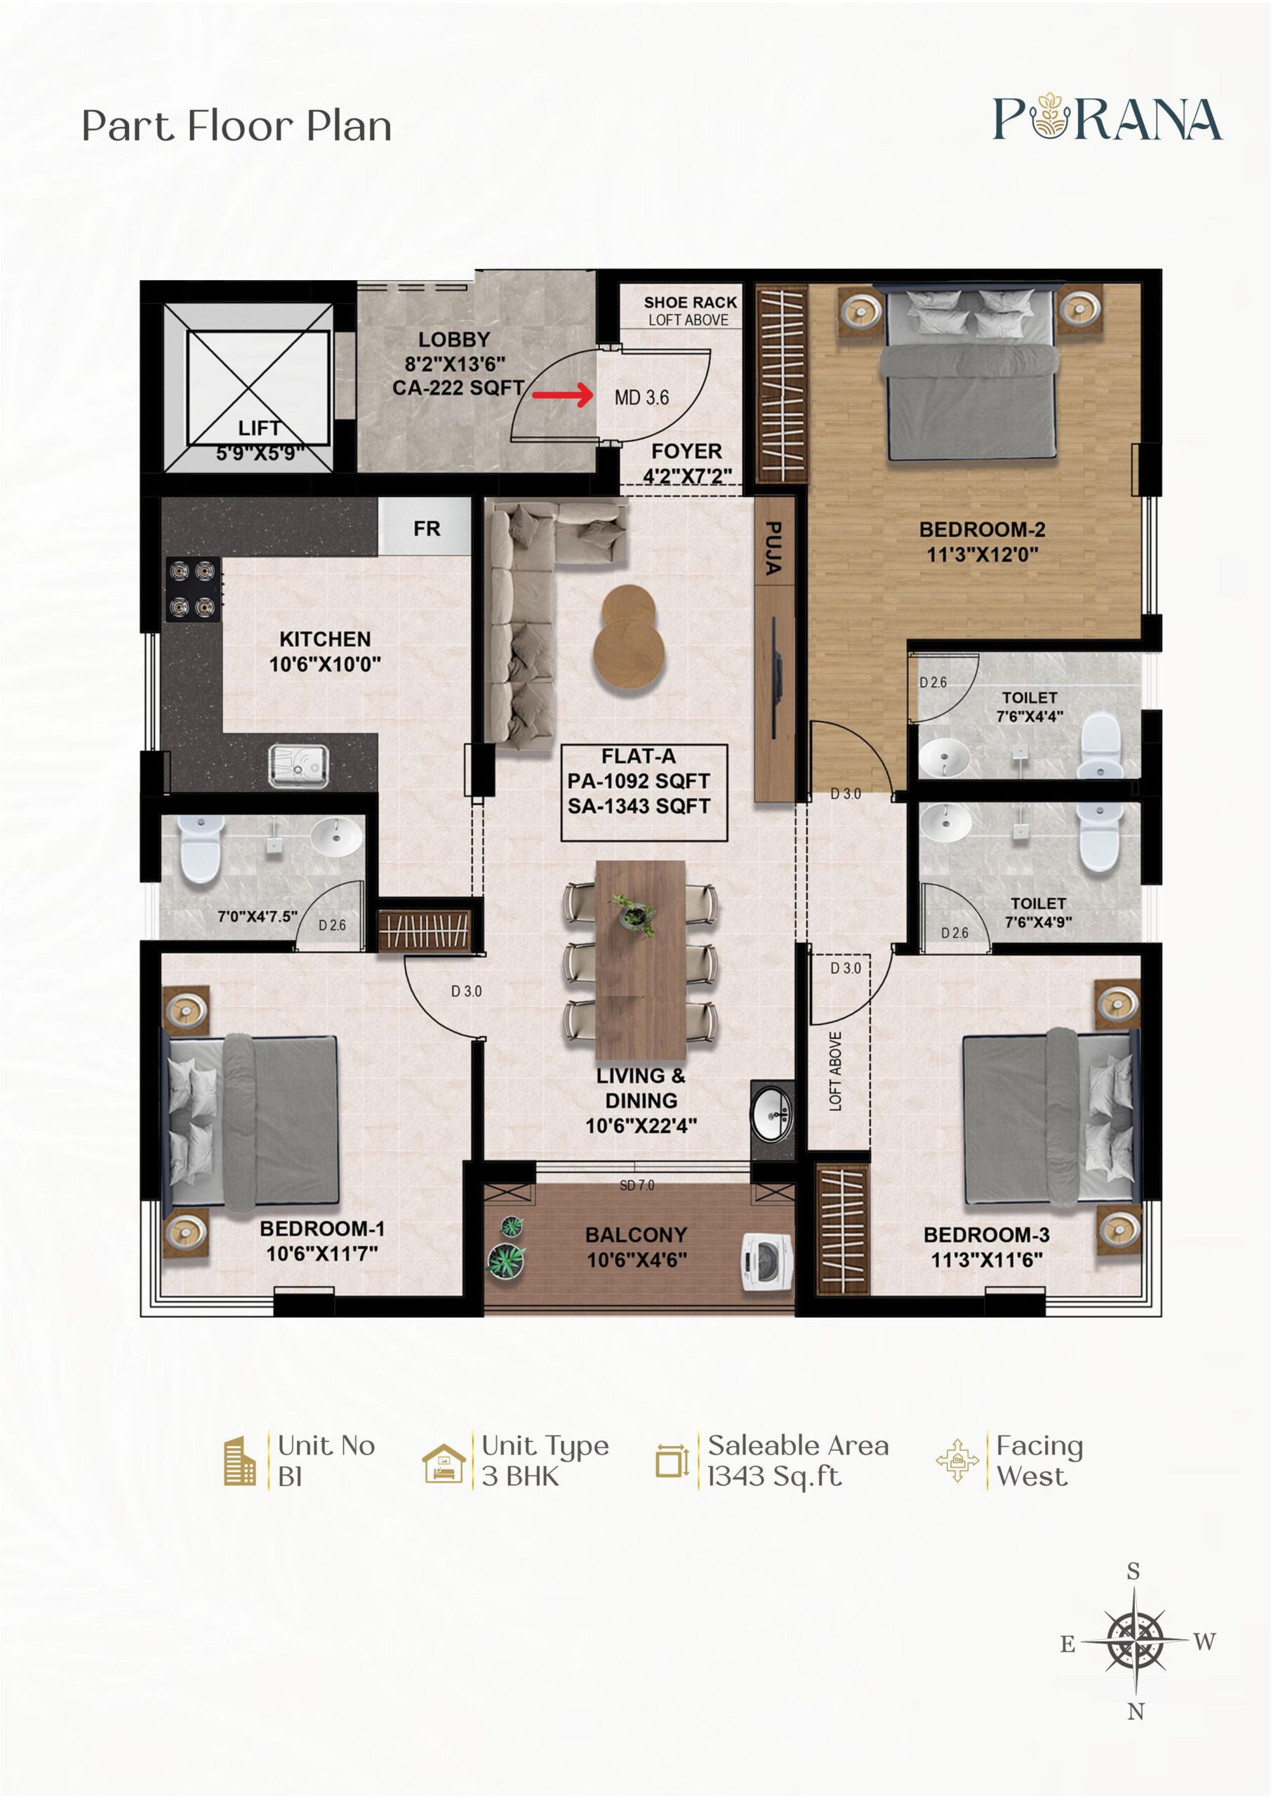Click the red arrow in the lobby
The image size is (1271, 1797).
point(563,394)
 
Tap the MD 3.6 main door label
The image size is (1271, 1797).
point(641,397)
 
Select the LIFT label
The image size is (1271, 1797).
point(259,428)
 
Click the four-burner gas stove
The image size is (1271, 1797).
point(193,588)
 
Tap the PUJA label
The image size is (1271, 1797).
point(773,549)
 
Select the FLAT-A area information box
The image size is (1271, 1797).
point(644,792)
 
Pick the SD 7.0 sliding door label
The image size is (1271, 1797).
point(637,1186)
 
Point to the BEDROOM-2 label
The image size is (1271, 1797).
point(983,530)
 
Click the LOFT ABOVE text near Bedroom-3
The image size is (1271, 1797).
point(836,1070)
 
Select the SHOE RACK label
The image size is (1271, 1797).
point(691,302)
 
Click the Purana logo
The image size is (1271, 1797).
point(1107,118)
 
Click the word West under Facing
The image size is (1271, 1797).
point(1032,1476)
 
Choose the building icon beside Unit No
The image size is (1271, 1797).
point(239,1461)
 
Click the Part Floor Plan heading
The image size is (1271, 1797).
point(237,127)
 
